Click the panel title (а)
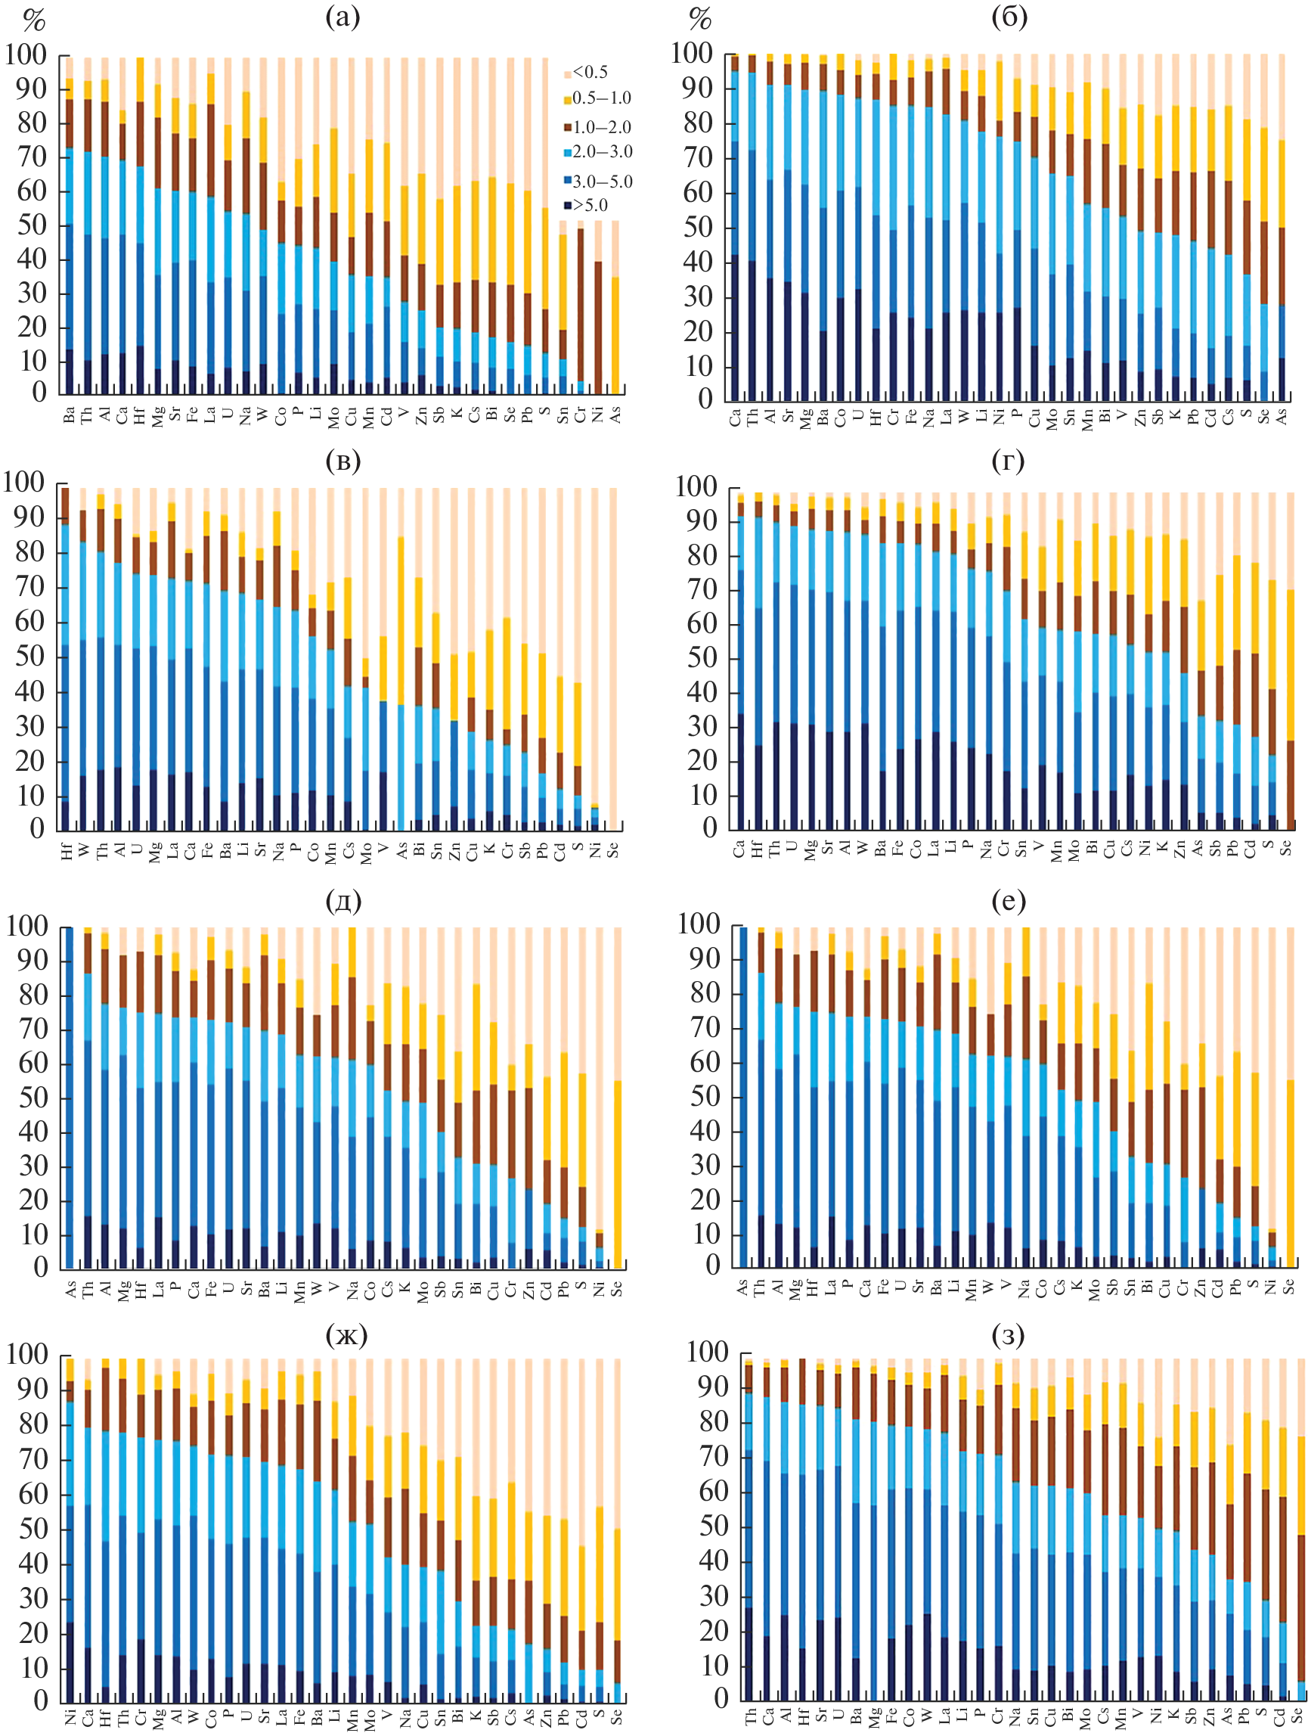tap(342, 17)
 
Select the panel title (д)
tap(342, 902)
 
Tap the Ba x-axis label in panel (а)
tap(70, 415)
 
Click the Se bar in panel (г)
tap(1289, 709)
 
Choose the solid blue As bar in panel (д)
tap(70, 1097)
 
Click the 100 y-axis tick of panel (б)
tap(692, 54)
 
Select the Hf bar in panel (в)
tap(66, 658)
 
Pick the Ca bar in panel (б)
tap(735, 227)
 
